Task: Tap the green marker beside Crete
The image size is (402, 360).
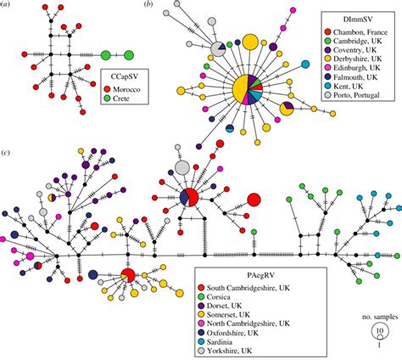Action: click(109, 100)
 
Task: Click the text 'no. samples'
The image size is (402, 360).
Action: click(375, 317)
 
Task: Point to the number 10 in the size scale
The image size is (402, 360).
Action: click(379, 331)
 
